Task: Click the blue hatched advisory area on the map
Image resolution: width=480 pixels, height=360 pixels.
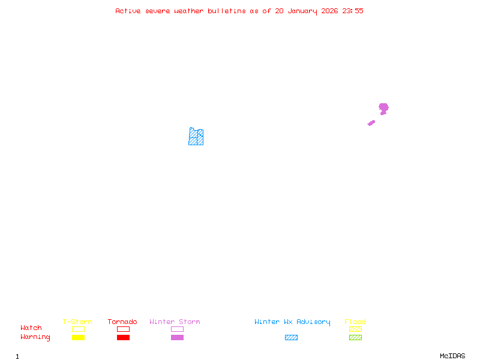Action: [x=196, y=138]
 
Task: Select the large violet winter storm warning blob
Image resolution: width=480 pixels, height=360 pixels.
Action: [x=383, y=108]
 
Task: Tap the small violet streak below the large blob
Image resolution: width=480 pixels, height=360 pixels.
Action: [x=371, y=123]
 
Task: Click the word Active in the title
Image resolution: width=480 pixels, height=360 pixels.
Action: [x=128, y=11]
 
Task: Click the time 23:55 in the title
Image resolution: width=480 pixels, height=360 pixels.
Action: [x=353, y=11]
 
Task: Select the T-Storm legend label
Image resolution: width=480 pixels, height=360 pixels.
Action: [x=77, y=322]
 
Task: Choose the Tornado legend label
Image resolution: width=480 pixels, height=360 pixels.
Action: [x=122, y=322]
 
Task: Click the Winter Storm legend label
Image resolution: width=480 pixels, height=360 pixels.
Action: [x=175, y=322]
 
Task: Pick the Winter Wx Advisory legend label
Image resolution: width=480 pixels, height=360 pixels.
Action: [x=292, y=322]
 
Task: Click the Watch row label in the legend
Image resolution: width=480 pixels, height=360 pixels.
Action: [x=31, y=328]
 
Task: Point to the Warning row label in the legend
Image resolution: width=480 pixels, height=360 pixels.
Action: [x=35, y=337]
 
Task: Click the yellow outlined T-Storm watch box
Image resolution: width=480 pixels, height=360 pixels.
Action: [x=78, y=329]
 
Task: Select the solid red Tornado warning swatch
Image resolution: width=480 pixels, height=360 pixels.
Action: [x=123, y=337]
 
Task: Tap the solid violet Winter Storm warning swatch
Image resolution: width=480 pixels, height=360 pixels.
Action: [x=177, y=337]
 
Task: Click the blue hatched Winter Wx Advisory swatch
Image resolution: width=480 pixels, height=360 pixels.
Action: [x=291, y=337]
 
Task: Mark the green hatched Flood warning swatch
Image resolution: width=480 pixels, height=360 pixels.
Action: [x=355, y=337]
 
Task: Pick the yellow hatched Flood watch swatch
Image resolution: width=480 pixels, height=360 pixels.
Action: [x=355, y=329]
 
